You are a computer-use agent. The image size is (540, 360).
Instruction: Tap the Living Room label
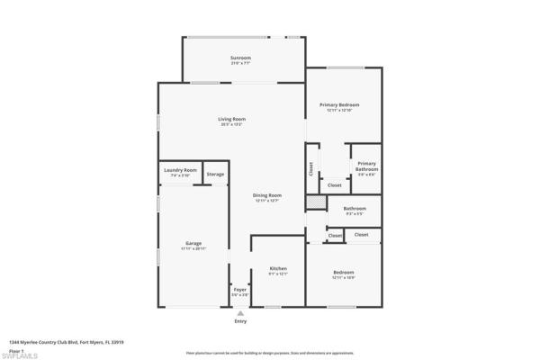click(x=232, y=119)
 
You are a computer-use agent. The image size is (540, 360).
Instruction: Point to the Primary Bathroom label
click(x=366, y=166)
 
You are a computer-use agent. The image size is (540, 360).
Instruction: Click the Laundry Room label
click(x=180, y=170)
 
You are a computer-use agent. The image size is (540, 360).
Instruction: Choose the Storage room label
click(x=215, y=174)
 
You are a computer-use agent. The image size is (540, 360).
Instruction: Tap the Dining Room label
click(x=268, y=196)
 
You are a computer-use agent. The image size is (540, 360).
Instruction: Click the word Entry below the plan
click(x=240, y=321)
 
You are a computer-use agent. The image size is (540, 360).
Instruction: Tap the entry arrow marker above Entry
click(x=240, y=312)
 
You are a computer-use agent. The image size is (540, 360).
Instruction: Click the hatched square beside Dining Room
click(x=315, y=203)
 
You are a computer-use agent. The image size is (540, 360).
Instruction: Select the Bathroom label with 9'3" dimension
click(x=354, y=210)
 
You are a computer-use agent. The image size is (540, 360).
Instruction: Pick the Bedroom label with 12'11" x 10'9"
click(x=344, y=274)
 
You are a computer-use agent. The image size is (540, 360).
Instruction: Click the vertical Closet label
click(x=311, y=169)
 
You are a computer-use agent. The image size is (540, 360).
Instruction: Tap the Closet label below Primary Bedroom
click(x=335, y=185)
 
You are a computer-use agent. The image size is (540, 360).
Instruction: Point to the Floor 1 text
click(x=16, y=348)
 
